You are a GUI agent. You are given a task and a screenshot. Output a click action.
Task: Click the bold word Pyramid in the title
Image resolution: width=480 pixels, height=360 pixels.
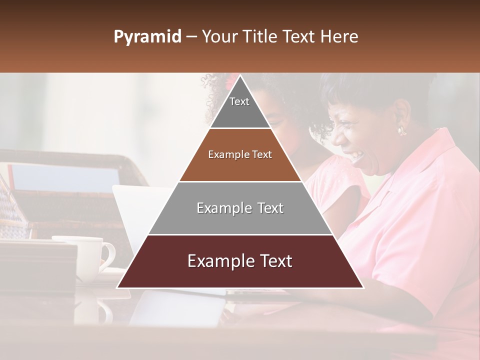tap(147, 37)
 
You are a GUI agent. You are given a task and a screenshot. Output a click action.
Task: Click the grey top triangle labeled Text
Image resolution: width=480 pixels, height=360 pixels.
tap(240, 107)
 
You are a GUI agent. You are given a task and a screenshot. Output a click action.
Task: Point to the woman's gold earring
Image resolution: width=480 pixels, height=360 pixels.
tap(401, 131)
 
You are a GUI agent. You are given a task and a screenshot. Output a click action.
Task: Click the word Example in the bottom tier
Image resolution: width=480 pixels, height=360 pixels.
tap(219, 261)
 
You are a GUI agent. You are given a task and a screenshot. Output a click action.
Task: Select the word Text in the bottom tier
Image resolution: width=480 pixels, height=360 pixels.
tap(274, 261)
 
